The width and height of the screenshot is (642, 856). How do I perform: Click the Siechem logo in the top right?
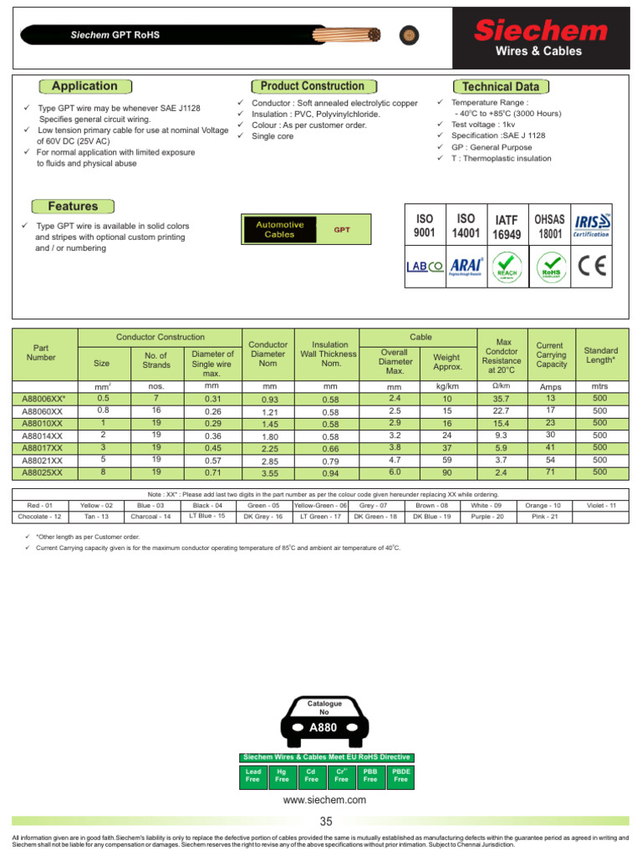541,32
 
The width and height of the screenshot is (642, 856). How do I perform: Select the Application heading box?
84,86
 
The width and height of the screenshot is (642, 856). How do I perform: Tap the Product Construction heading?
312,86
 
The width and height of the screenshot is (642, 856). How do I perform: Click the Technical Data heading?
500,87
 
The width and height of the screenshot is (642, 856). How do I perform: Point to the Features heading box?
73,206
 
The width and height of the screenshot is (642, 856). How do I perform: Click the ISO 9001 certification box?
425,226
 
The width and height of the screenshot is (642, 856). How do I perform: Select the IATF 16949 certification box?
507,227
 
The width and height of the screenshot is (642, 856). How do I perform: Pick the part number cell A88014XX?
42,436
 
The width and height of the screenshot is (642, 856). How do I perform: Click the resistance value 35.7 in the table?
502,399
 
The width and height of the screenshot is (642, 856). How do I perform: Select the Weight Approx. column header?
447,362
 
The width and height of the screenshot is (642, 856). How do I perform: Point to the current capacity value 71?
551,472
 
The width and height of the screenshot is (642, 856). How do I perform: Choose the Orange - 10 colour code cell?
544,506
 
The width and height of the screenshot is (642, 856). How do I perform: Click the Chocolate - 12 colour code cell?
39,517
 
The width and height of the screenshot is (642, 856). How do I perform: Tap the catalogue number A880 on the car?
323,728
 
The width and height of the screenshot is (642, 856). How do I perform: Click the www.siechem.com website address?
325,800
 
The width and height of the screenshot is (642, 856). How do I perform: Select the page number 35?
325,821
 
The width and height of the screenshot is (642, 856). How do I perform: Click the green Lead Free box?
252,776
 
